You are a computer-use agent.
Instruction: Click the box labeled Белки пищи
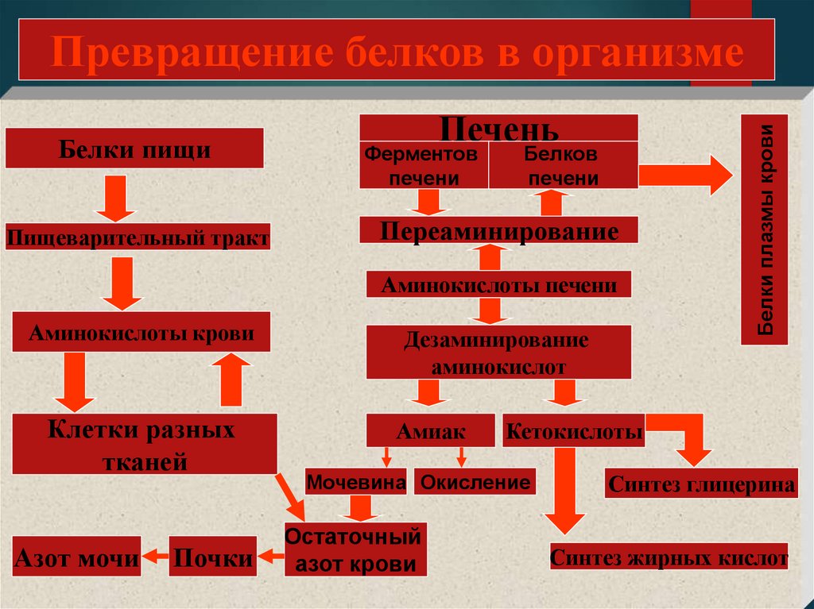(134, 148)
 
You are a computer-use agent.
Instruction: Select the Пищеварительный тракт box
(138, 237)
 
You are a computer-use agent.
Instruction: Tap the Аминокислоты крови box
(141, 333)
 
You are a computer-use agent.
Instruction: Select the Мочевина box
(356, 482)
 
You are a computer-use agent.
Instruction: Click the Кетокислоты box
(573, 431)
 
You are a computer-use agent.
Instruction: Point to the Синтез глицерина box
(701, 484)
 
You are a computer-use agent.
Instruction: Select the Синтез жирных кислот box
(669, 557)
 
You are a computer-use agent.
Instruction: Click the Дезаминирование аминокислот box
(498, 353)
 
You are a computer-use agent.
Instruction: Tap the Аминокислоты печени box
(498, 284)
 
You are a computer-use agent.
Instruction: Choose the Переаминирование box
(498, 231)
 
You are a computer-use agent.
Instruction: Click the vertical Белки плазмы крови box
(764, 229)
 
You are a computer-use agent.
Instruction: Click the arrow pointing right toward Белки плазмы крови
(685, 175)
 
